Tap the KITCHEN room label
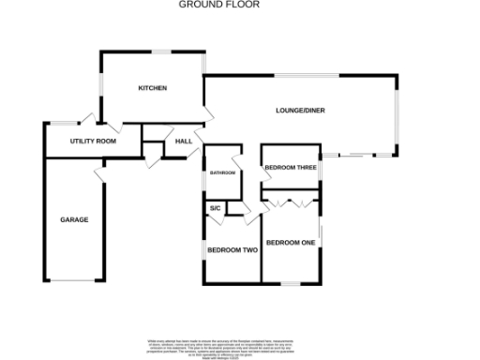[153, 88]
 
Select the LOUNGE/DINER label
[300, 112]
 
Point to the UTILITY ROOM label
[93, 141]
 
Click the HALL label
[184, 142]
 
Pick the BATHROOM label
[222, 173]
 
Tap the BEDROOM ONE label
[290, 243]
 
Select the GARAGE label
[74, 219]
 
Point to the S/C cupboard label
[215, 207]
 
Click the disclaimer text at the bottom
[239, 346]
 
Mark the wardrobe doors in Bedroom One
[292, 201]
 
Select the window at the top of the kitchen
[167, 51]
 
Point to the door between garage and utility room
[98, 175]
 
